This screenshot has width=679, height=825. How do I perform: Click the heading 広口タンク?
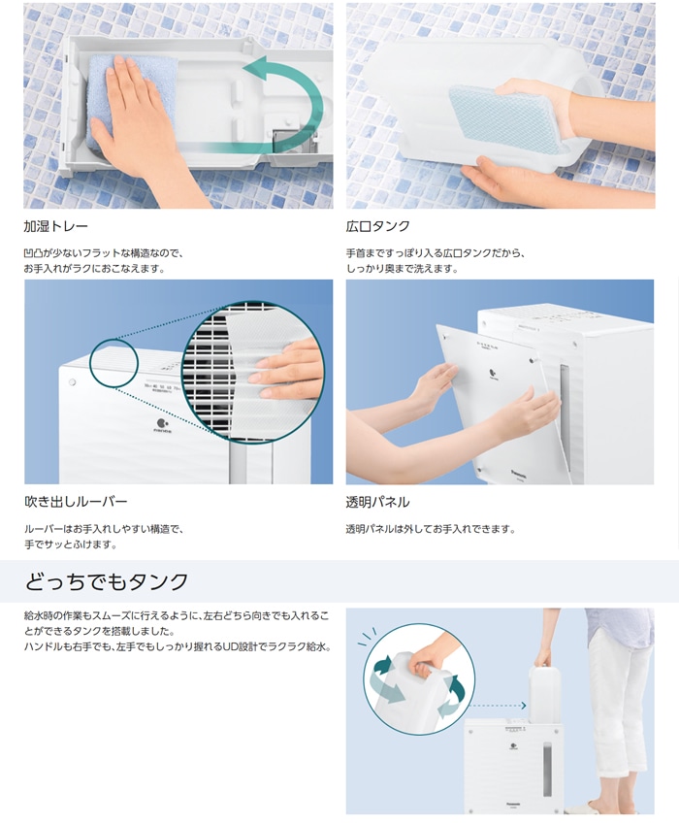[x=378, y=226]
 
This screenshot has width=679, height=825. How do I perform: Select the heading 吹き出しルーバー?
[x=76, y=502]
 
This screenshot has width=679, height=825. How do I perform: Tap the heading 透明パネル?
[x=377, y=502]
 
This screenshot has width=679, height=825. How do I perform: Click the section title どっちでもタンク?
[x=107, y=582]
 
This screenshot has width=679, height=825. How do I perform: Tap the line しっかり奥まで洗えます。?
[x=402, y=269]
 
